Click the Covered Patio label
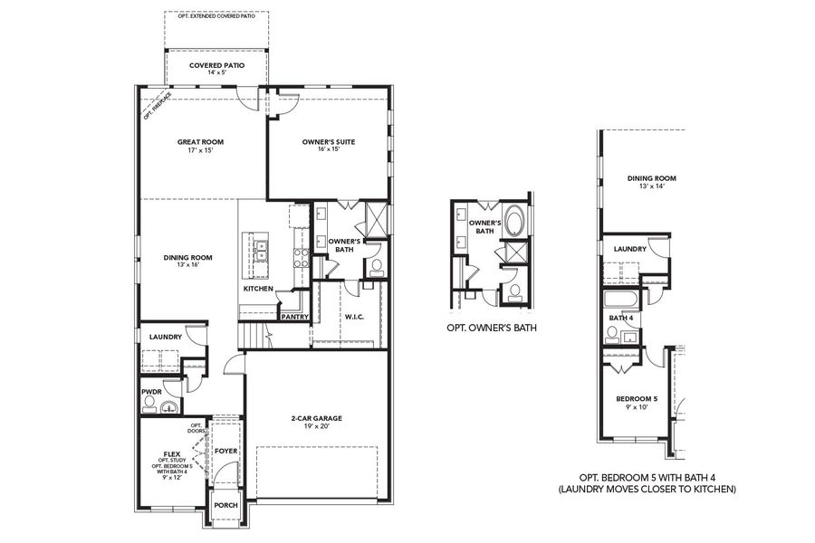(x=216, y=66)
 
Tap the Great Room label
(x=200, y=142)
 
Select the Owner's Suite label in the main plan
(x=327, y=142)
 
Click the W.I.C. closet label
(x=354, y=317)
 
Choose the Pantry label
(x=294, y=317)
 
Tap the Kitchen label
(x=258, y=289)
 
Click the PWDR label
(x=151, y=392)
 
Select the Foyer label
(x=225, y=450)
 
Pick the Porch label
(x=225, y=506)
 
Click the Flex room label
(x=171, y=454)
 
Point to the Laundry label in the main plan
(x=166, y=337)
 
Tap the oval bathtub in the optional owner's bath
(x=513, y=221)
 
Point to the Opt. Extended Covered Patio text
(x=216, y=16)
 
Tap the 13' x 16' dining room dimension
(x=187, y=266)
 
